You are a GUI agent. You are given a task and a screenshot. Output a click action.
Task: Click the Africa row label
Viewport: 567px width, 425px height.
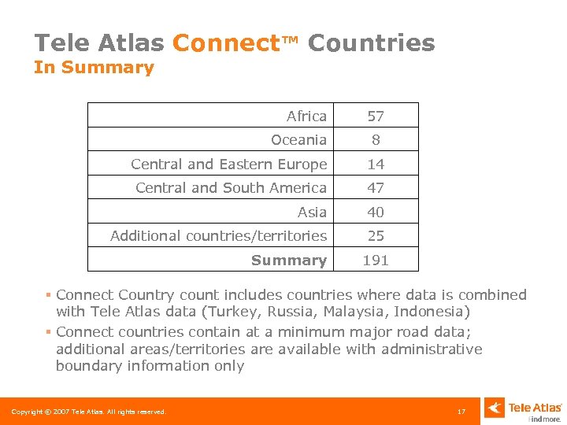[x=306, y=116]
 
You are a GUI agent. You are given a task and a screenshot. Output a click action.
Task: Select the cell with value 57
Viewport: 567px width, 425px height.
[x=376, y=116]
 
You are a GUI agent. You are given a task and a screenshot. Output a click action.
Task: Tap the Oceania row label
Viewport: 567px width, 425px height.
[x=298, y=140]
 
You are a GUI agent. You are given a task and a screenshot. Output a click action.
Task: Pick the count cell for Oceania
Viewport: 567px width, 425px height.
[x=376, y=140]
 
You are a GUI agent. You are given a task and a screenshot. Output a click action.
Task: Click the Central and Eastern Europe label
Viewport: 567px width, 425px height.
[x=228, y=164]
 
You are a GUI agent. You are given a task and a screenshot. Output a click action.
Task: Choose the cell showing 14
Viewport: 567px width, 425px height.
[x=376, y=164]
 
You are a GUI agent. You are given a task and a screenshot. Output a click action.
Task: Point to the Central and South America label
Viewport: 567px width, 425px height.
[x=231, y=188]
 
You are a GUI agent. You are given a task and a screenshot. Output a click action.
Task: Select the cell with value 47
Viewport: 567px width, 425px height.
[x=376, y=188]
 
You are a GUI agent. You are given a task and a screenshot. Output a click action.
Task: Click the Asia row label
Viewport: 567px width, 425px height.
[x=312, y=212]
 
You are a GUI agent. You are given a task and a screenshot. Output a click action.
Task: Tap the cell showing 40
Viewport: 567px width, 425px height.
[x=376, y=212]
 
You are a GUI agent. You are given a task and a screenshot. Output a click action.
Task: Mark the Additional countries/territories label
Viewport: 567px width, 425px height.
[x=218, y=235]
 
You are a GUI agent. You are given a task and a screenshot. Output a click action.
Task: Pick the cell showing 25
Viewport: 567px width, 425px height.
[x=376, y=235]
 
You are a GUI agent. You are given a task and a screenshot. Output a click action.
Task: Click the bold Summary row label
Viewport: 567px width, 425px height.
[x=288, y=260]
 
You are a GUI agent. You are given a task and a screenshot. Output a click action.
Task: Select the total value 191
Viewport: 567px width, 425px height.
[x=376, y=260]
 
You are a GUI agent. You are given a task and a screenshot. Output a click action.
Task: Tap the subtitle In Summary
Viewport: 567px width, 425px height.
[x=94, y=68]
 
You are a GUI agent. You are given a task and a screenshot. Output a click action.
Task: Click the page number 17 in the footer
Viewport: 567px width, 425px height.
[x=461, y=411]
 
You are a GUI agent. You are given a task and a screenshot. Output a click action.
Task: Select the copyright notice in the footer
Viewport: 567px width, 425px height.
[x=88, y=412]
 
